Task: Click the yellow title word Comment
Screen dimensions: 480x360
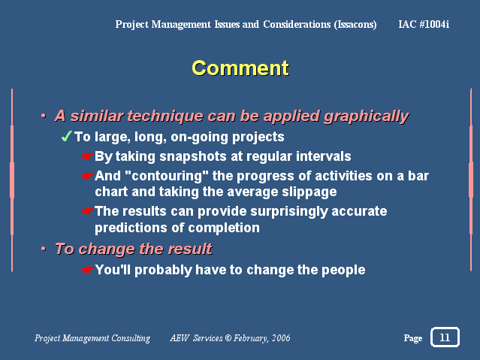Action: [240, 68]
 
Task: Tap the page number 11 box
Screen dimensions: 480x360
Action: [445, 337]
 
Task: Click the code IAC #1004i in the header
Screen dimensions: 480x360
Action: [424, 24]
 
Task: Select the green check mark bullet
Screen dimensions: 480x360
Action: [66, 136]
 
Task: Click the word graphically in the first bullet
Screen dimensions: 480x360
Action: [367, 116]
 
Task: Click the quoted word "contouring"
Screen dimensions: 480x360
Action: [167, 176]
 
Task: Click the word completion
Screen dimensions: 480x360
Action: [224, 228]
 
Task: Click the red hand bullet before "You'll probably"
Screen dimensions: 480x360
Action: [88, 270]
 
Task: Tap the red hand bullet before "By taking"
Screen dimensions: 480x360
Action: [88, 156]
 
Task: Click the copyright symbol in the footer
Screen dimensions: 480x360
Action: [228, 337]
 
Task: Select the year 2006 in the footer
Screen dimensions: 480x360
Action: [281, 338]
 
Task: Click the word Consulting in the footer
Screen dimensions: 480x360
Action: [131, 338]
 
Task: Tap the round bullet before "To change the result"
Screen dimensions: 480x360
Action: [44, 249]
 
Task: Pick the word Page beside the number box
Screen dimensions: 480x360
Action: [413, 338]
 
